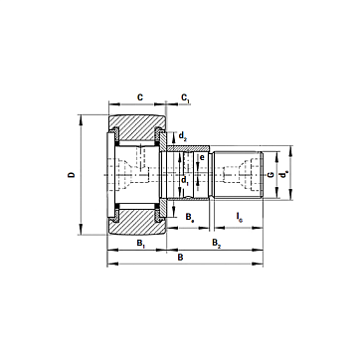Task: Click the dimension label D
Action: pyautogui.click(x=72, y=175)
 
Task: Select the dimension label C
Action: pyautogui.click(x=140, y=97)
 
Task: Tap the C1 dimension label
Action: pyautogui.click(x=186, y=98)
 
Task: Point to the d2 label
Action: pyautogui.click(x=183, y=135)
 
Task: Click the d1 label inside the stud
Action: pyautogui.click(x=185, y=181)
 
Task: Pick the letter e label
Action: pyautogui.click(x=202, y=157)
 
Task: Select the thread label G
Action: pyautogui.click(x=270, y=175)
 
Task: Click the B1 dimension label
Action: pyautogui.click(x=141, y=243)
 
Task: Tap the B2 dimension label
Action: pyautogui.click(x=216, y=243)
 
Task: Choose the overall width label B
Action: pyautogui.click(x=180, y=258)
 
